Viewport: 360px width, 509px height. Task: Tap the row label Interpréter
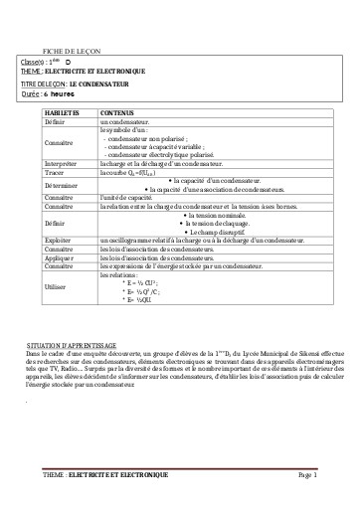click(x=61, y=164)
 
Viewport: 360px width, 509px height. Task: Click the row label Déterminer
click(x=61, y=184)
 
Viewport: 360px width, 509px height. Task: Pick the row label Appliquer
click(x=61, y=256)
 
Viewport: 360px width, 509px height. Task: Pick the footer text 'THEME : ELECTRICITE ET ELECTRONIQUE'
click(x=105, y=476)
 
